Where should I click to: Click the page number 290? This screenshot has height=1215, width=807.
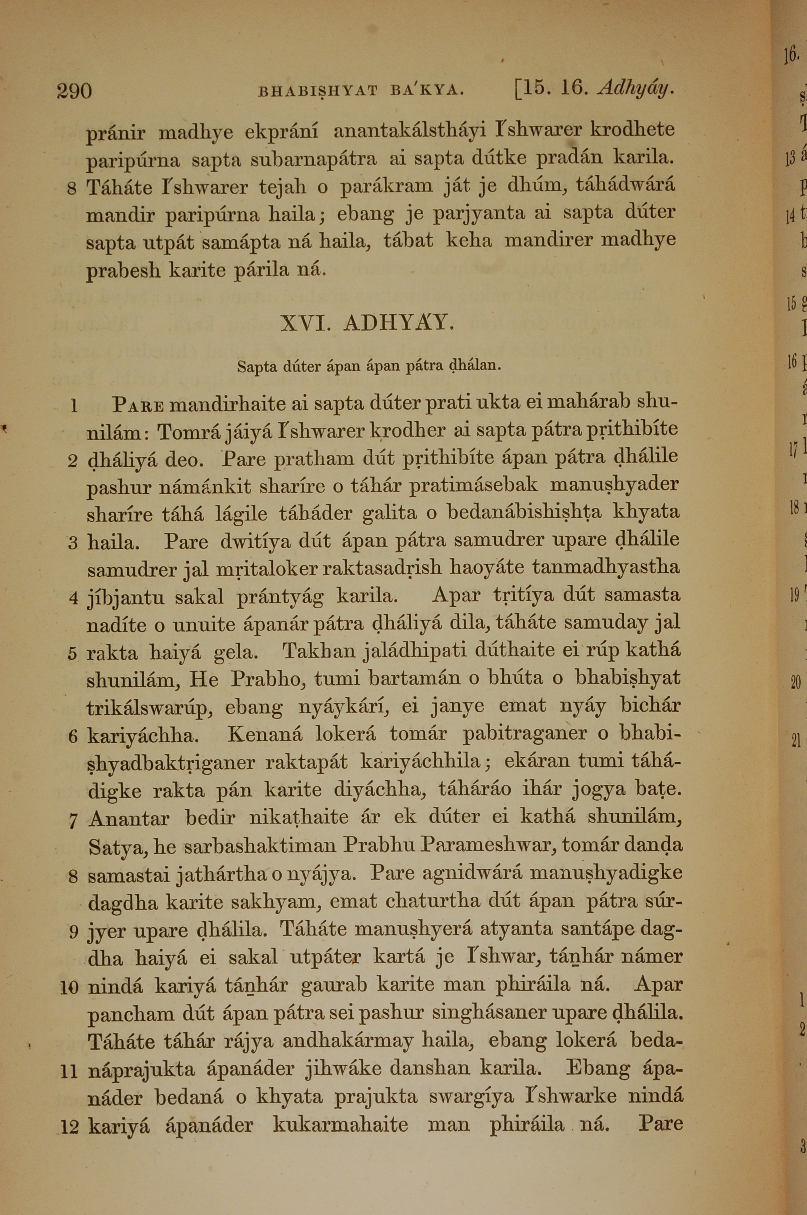(x=75, y=91)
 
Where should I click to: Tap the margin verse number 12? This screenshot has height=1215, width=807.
(x=69, y=1127)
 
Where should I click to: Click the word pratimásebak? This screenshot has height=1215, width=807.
(x=473, y=485)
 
